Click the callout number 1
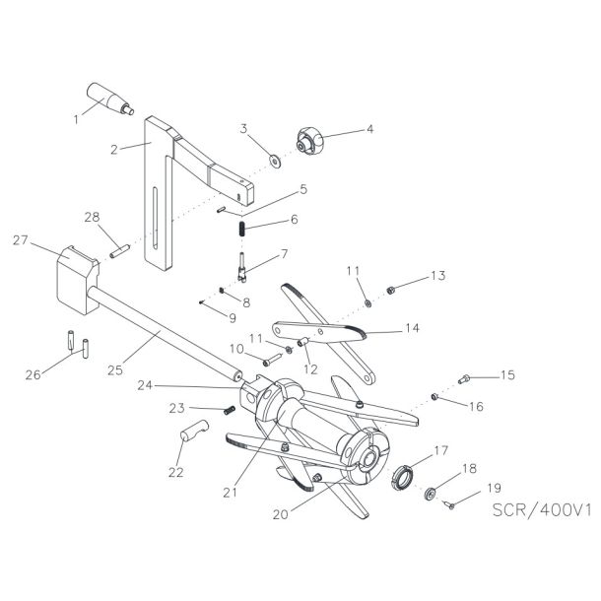point(75,119)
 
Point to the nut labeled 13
point(391,289)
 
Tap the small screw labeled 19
point(449,505)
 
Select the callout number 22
point(177,473)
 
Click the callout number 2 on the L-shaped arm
point(114,150)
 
